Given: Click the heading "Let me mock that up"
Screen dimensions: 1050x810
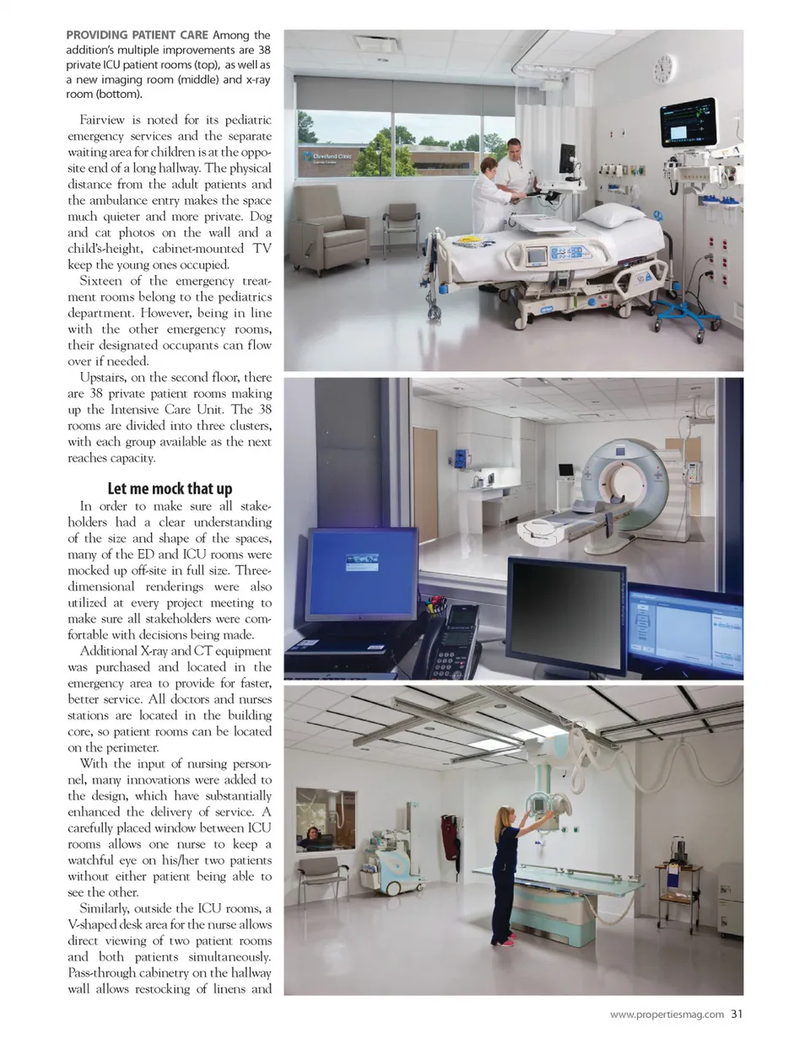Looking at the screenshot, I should tap(170, 489).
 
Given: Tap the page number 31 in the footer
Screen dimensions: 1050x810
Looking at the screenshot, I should tap(737, 1015).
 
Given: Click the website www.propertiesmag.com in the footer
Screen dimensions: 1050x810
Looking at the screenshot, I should tap(667, 1015).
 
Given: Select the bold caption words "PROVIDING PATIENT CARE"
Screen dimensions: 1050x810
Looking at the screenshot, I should tap(137, 35).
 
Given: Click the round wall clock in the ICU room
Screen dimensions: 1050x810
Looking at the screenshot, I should tap(663, 67).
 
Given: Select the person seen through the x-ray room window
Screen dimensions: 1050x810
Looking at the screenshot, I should tap(313, 836).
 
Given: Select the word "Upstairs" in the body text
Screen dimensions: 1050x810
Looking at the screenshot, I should tap(103, 378).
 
